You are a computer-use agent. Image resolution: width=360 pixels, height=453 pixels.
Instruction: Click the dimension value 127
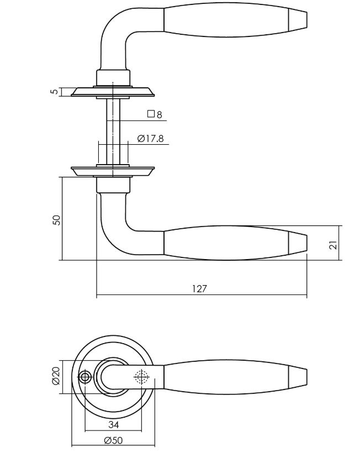pos(200,288)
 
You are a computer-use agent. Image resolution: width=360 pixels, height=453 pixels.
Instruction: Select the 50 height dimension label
pos(56,219)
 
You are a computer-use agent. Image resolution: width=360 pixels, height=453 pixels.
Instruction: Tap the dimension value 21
pos(333,243)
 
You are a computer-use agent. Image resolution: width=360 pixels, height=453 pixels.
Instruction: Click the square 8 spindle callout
pos(155,115)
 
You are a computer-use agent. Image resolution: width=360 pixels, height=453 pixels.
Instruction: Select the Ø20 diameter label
pos(56,377)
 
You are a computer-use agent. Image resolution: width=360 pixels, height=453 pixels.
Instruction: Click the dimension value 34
pos(113,424)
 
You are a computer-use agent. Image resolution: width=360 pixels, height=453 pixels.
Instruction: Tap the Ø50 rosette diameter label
pos(113,440)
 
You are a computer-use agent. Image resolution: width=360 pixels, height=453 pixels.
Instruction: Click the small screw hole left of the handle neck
pos(85,377)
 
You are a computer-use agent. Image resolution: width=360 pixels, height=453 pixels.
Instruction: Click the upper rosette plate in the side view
pos(113,91)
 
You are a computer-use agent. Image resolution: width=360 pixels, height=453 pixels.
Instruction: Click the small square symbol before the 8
pos(150,115)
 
